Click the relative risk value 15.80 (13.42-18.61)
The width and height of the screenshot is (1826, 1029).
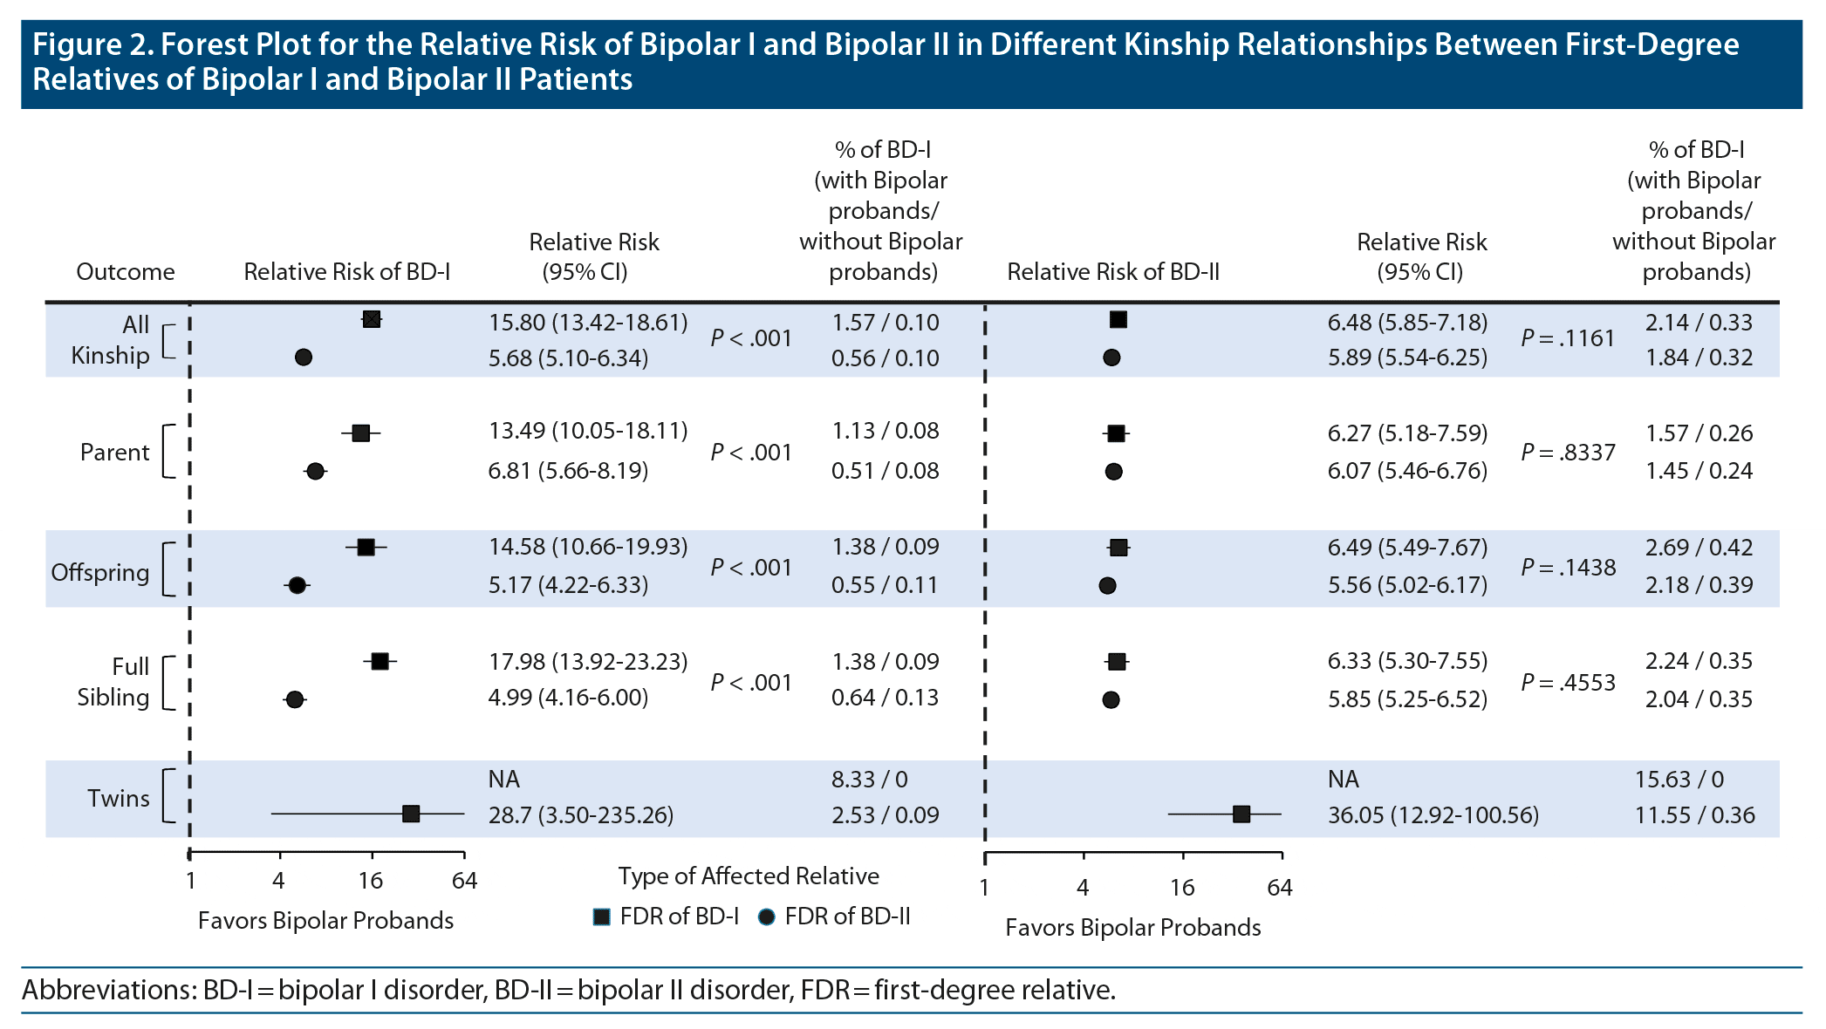pos(587,323)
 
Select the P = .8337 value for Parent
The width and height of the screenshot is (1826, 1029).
pos(1568,453)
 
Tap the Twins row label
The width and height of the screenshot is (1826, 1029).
pos(118,798)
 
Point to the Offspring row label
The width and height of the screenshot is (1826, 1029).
pos(99,572)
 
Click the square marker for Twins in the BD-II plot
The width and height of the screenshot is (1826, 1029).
pos(1241,814)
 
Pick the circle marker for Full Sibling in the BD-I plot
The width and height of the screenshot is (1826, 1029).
pos(295,699)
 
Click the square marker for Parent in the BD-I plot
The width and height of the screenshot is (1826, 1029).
pos(361,433)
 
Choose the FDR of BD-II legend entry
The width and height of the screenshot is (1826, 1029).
pos(835,917)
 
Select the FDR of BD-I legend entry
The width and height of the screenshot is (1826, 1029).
pos(667,917)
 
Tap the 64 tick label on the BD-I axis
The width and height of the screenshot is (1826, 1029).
pos(464,881)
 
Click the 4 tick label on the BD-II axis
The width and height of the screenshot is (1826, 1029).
pos(1083,888)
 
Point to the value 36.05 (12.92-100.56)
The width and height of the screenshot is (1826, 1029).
pos(1433,815)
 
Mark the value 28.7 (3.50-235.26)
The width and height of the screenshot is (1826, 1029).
pos(580,815)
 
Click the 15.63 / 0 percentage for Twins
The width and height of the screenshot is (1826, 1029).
pos(1679,780)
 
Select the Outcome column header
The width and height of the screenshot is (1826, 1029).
pos(125,272)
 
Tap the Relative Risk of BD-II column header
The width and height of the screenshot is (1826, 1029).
pos(1112,272)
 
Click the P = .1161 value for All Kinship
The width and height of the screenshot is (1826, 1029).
pos(1568,338)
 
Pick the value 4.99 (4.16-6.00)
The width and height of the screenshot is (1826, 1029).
pos(568,698)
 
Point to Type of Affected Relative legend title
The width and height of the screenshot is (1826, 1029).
pos(749,876)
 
